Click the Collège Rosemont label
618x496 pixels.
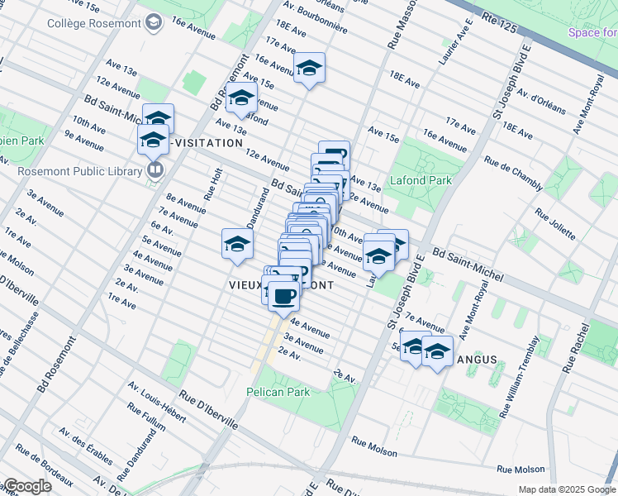click(x=92, y=24)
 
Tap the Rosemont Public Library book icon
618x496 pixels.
click(x=154, y=170)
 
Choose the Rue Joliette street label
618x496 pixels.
click(x=554, y=224)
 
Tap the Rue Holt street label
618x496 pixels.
click(x=212, y=184)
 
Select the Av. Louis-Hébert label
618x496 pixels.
click(x=156, y=398)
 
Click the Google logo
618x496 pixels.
click(x=27, y=486)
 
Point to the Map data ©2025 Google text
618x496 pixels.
click(x=566, y=489)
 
